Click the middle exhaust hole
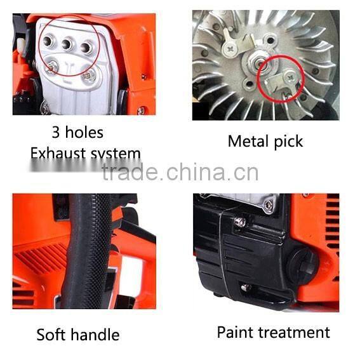[66, 45]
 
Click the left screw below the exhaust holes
[53, 65]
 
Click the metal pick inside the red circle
[283, 81]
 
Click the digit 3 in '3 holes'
[56, 133]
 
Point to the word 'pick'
[288, 142]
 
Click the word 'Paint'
[237, 332]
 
